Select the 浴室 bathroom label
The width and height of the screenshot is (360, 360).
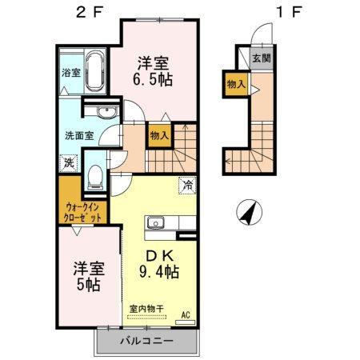click(70, 72)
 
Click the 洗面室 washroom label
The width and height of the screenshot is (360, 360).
click(79, 136)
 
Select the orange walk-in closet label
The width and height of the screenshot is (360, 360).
click(83, 211)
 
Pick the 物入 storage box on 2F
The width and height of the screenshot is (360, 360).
click(158, 136)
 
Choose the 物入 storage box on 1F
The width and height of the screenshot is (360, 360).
click(237, 83)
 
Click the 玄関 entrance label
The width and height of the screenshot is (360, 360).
click(261, 58)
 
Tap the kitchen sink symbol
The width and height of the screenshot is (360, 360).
click(154, 223)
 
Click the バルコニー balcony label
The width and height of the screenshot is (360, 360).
click(147, 342)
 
